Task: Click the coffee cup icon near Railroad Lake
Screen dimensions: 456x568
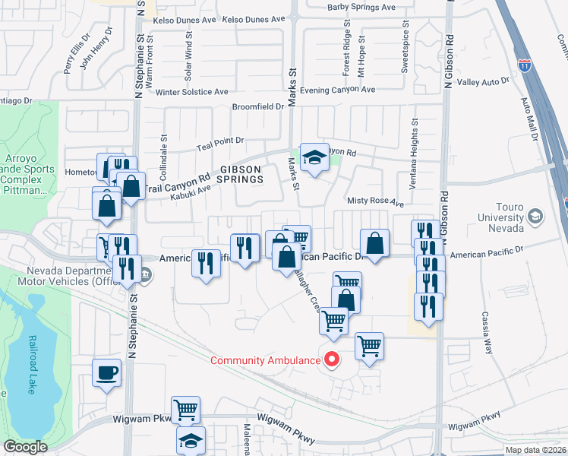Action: [107, 372]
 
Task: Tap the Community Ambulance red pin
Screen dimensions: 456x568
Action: [331, 359]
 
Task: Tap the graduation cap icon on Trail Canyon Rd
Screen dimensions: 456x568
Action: [314, 157]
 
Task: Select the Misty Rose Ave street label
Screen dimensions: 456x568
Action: [375, 204]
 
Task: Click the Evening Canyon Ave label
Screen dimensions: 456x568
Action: [337, 90]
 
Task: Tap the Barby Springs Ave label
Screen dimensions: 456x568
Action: [361, 8]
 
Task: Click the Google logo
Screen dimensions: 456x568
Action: [25, 447]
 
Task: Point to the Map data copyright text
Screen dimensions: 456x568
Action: [535, 450]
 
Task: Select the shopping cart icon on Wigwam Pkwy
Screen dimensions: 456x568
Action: [185, 410]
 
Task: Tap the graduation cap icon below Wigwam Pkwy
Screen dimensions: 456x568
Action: [191, 441]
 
